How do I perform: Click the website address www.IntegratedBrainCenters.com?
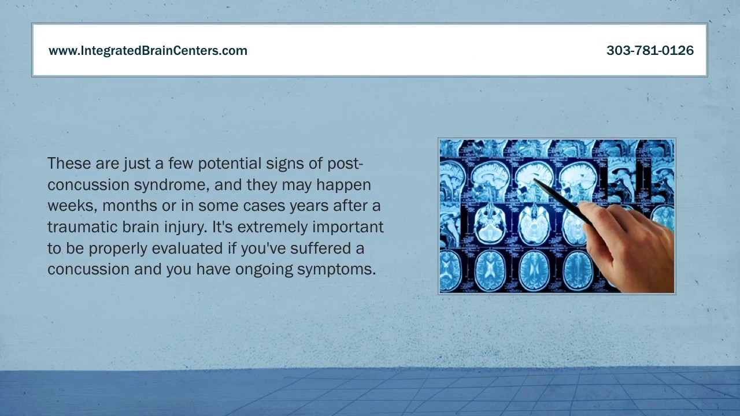(148, 51)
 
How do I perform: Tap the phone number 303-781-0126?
(650, 51)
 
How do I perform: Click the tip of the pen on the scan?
(534, 180)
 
